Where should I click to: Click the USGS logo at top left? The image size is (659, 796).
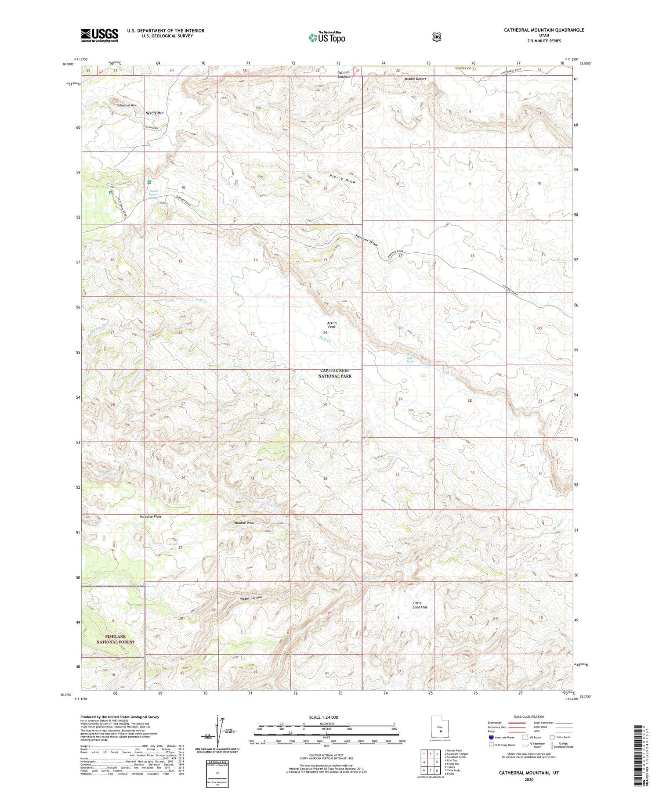pos(99,35)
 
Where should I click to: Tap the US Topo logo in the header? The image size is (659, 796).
pos(327,37)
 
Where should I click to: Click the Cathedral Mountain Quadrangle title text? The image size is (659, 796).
pos(544,30)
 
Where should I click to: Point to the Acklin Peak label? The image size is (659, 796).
pos(332,325)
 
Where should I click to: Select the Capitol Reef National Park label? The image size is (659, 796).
pos(335,373)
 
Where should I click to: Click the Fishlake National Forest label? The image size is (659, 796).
pos(115,639)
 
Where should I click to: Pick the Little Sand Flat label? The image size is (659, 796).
pos(420,605)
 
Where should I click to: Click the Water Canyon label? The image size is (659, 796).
pos(251,598)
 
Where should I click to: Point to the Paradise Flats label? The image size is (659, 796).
pos(151,517)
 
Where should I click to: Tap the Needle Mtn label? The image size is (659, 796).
pos(154,113)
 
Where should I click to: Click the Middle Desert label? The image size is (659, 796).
pos(415,79)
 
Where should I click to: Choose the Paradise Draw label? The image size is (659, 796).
pos(243,523)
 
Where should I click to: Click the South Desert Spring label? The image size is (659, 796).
pos(153,194)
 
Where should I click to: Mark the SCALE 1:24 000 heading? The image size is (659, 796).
pos(326,717)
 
